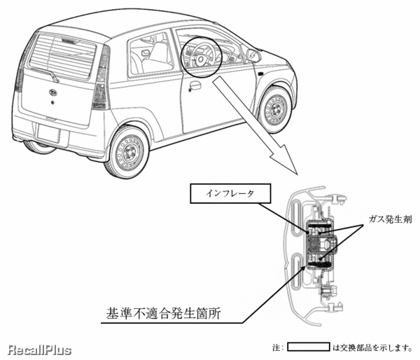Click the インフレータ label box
[230, 193]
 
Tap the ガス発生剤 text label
[391, 219]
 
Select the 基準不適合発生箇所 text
[163, 313]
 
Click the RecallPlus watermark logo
[40, 349]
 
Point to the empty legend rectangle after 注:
[309, 347]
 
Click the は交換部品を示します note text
[372, 347]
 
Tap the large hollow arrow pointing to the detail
[255, 125]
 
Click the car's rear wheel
[127, 152]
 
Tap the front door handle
[195, 85]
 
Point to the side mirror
[253, 55]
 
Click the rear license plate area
[49, 133]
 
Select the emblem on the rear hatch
[54, 92]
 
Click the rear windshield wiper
[45, 73]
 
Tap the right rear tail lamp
[101, 78]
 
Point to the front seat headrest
[159, 50]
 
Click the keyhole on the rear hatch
[52, 102]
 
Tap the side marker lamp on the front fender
[259, 73]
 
